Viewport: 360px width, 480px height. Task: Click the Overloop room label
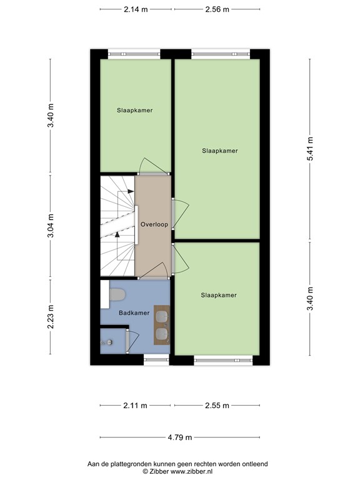pos(154,224)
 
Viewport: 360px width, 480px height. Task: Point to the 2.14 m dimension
pos(136,9)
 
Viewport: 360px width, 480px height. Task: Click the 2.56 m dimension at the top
pos(217,9)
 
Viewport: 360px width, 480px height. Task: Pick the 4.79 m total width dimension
pos(180,437)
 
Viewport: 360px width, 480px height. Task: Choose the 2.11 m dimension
pos(136,406)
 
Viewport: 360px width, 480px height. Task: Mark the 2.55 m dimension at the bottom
pos(217,406)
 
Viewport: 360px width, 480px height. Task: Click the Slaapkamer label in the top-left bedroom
pos(134,110)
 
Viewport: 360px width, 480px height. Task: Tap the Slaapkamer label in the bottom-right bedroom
pos(219,295)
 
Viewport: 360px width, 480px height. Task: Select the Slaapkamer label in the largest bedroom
pos(219,151)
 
